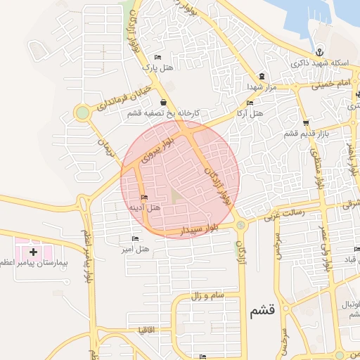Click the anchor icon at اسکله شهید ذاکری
pos(319,53)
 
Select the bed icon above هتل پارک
pos(157,58)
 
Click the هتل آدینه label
pos(145,208)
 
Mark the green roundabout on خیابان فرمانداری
pos(82,112)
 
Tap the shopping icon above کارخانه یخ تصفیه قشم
pos(163,103)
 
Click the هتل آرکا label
pos(248,112)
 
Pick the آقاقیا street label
pos(153,330)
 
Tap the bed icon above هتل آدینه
pos(145,198)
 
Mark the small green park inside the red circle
pos(174,198)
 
